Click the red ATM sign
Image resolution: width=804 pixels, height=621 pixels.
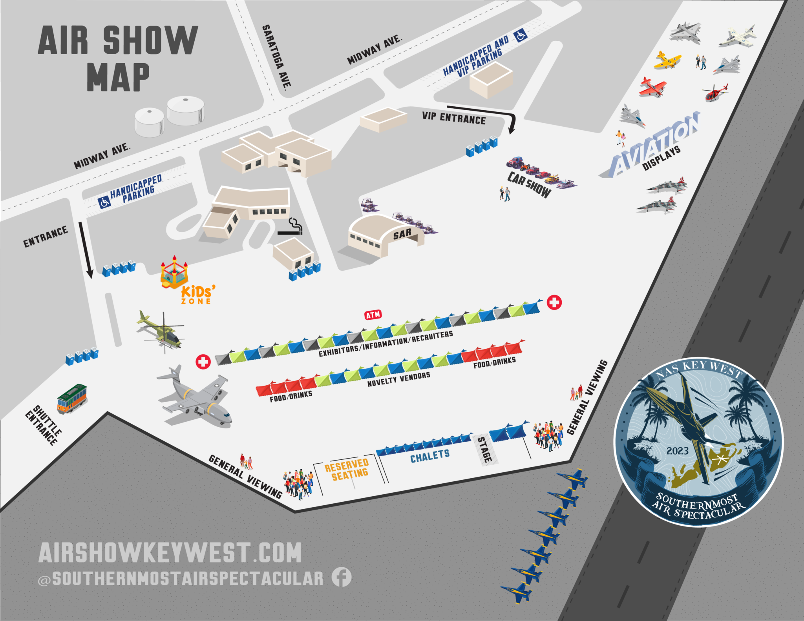[x=373, y=315]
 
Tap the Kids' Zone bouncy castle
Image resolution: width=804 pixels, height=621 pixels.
[x=174, y=273]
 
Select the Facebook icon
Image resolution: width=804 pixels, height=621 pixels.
[x=342, y=577]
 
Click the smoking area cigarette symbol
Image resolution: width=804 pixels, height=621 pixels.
[x=292, y=228]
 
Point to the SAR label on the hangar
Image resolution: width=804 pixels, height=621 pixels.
[x=402, y=234]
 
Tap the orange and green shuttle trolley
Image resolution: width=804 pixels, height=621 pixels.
[x=72, y=398]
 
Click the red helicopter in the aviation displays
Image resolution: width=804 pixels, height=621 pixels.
[x=715, y=93]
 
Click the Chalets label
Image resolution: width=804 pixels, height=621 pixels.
[x=430, y=456]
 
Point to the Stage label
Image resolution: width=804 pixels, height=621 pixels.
[x=485, y=450]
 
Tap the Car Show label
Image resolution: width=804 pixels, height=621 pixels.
[x=529, y=184]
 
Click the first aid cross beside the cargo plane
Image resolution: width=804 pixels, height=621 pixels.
[x=203, y=361]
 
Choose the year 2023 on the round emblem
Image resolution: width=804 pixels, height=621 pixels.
[x=677, y=451]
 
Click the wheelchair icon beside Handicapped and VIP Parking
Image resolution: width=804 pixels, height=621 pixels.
[x=521, y=36]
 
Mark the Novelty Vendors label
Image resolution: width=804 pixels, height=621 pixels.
[x=398, y=379]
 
